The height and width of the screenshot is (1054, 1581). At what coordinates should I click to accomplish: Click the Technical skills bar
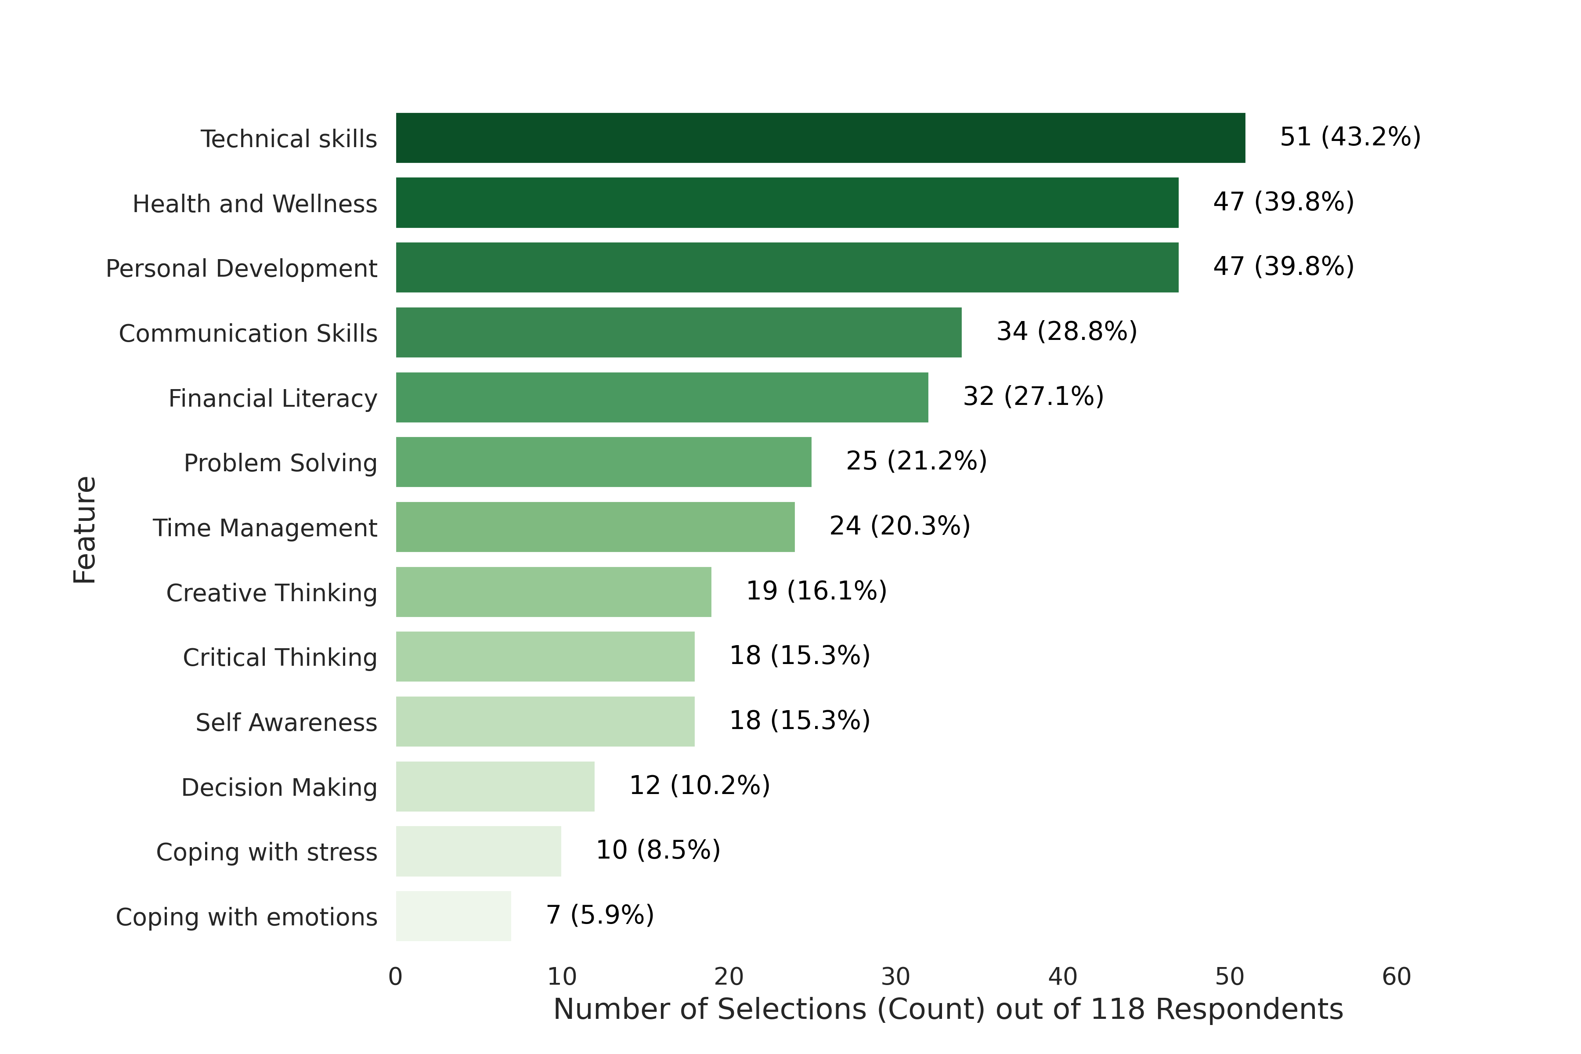click(x=820, y=138)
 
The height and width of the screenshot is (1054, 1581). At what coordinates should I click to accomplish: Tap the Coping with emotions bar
click(x=453, y=916)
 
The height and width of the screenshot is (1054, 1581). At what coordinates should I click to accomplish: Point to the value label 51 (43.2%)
click(x=1350, y=137)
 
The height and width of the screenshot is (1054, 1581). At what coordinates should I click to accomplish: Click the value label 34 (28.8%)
click(x=1066, y=331)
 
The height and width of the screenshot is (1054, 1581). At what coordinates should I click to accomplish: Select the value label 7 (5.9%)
click(x=599, y=914)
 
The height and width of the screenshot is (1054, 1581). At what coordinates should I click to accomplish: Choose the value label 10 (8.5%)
click(x=657, y=850)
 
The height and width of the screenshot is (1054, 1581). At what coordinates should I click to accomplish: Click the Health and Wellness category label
click(x=255, y=204)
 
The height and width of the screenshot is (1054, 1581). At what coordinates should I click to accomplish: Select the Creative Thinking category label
click(x=271, y=593)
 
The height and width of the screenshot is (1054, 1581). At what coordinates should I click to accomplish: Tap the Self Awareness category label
click(x=286, y=722)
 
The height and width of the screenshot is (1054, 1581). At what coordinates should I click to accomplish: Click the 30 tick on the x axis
click(x=895, y=977)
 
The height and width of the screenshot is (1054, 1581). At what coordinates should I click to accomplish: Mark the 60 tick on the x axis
click(x=1396, y=977)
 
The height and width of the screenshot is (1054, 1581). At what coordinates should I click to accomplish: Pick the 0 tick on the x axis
click(x=395, y=977)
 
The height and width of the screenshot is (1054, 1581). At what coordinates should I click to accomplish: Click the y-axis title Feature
click(x=85, y=530)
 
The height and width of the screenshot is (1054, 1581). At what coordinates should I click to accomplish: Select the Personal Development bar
click(x=787, y=267)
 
